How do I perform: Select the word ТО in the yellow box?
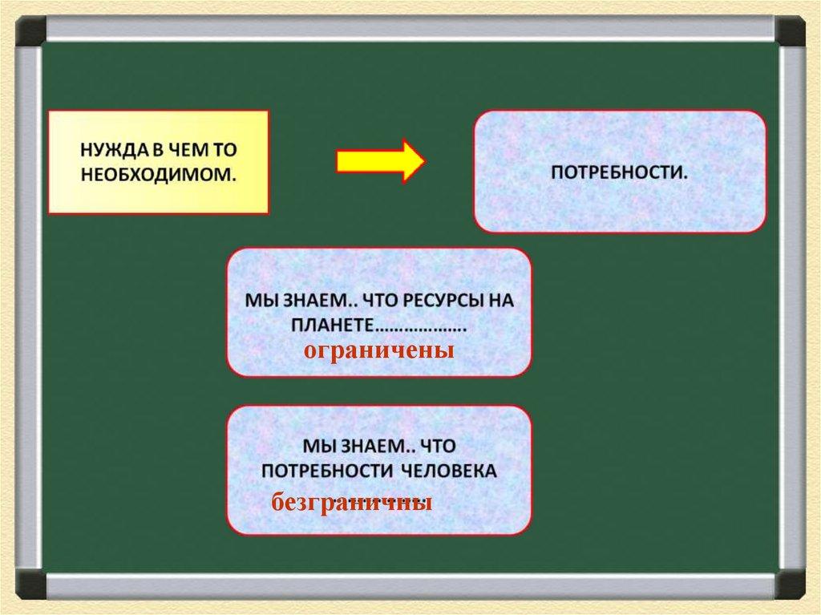click(x=224, y=151)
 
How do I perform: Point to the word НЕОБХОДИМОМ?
click(x=159, y=175)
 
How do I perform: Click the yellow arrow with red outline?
click(x=381, y=161)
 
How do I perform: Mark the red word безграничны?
click(x=352, y=503)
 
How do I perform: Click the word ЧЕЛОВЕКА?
click(x=449, y=471)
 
